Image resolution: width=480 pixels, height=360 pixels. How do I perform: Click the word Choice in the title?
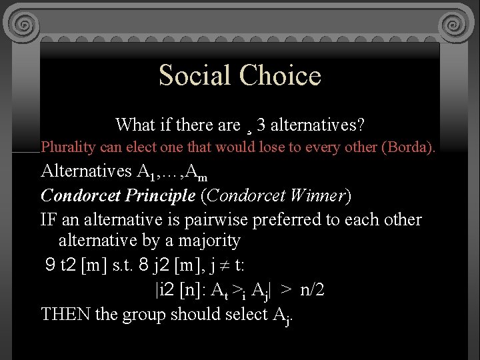[281, 75]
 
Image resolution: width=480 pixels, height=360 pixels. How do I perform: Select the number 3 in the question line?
[261, 125]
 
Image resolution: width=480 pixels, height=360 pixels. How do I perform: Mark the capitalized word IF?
[49, 219]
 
